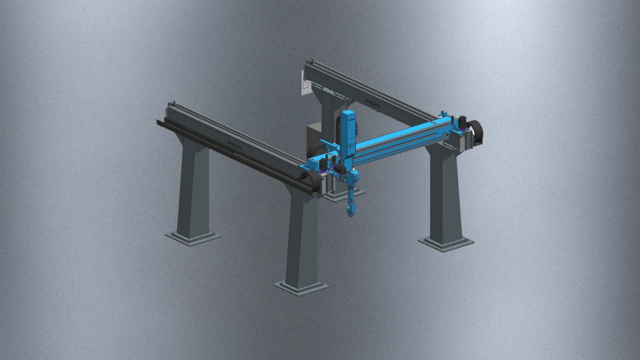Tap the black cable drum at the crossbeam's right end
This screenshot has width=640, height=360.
(x=474, y=131)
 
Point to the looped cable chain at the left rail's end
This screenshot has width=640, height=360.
(x=314, y=181)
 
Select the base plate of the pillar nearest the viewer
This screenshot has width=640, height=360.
(x=301, y=288)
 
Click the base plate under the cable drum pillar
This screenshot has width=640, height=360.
(x=446, y=244)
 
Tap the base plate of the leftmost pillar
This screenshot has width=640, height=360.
(x=192, y=237)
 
